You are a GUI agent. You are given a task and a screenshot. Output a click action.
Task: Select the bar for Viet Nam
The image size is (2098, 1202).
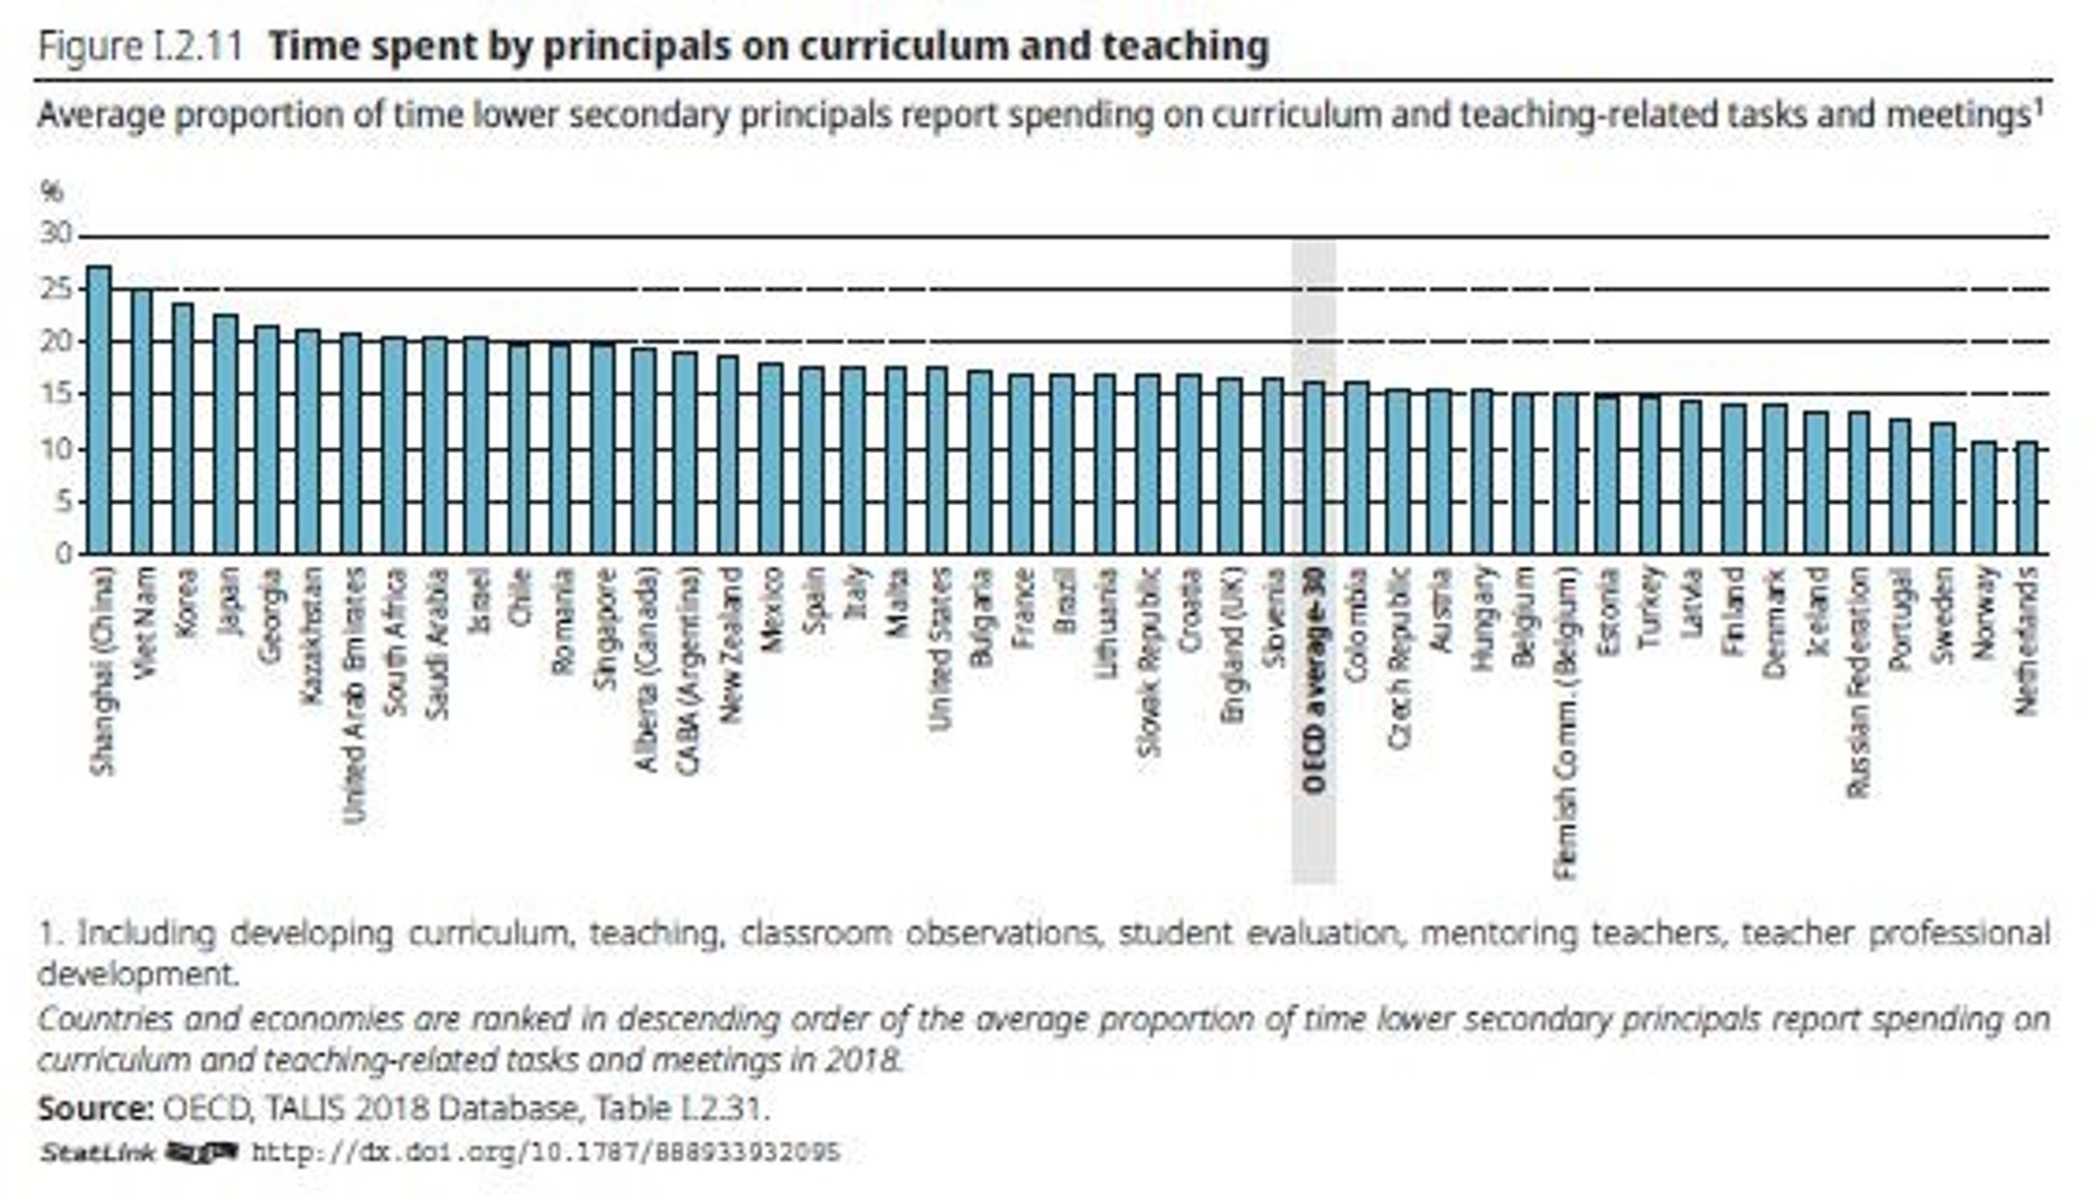click(x=141, y=421)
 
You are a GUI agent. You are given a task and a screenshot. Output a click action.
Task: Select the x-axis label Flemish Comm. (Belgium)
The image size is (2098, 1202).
click(x=1565, y=724)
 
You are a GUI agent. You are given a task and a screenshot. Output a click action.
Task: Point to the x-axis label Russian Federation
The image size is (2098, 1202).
click(x=1859, y=682)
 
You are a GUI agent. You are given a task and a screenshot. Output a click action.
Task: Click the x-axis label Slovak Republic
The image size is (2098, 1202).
click(x=1147, y=663)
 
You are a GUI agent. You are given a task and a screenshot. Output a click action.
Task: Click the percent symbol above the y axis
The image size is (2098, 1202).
click(x=51, y=192)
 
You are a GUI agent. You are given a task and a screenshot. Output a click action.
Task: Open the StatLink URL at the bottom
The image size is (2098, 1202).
click(x=545, y=1152)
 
